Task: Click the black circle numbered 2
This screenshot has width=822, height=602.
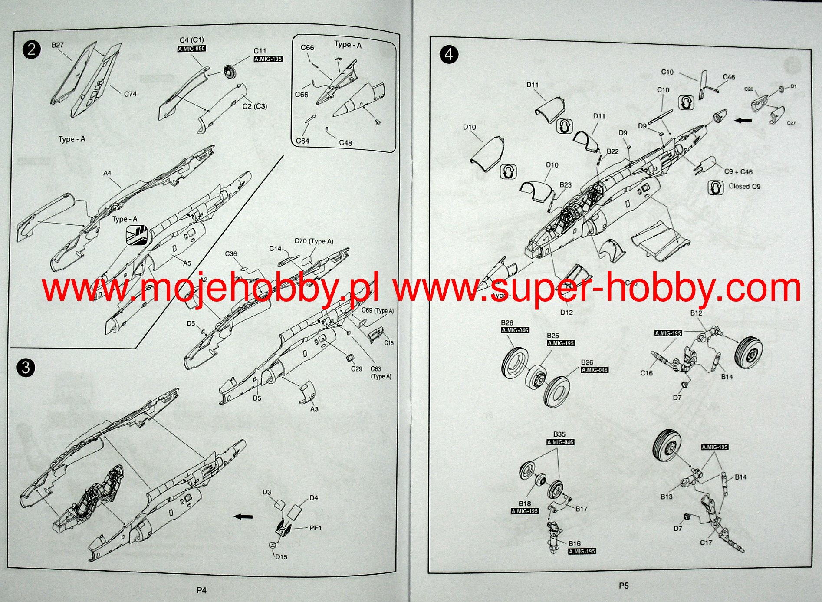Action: [x=31, y=49]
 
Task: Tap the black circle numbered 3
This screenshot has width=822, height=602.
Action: [x=26, y=368]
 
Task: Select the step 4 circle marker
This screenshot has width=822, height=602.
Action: [x=449, y=55]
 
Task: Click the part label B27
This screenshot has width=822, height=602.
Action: [x=57, y=45]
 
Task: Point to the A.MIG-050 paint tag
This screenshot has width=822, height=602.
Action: [x=191, y=49]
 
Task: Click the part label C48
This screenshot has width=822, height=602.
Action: [x=345, y=143]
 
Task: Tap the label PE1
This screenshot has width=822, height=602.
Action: [x=316, y=528]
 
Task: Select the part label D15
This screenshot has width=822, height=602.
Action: [x=281, y=557]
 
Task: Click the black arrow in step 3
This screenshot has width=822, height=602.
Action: [x=243, y=516]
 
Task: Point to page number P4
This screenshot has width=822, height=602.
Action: [x=201, y=590]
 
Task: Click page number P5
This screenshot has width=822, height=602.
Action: [x=624, y=586]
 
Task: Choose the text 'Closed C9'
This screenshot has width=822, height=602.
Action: [x=744, y=186]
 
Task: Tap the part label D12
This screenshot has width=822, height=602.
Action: [x=566, y=312]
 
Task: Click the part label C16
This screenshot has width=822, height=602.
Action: [x=646, y=373]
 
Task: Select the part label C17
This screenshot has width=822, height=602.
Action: [x=706, y=543]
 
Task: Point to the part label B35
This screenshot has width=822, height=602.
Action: [x=559, y=434]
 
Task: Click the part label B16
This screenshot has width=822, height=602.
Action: [x=574, y=543]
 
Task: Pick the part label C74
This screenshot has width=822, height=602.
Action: [x=130, y=94]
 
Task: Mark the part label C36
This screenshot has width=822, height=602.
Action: [x=231, y=254]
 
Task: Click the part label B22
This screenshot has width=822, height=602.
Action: [x=612, y=151]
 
